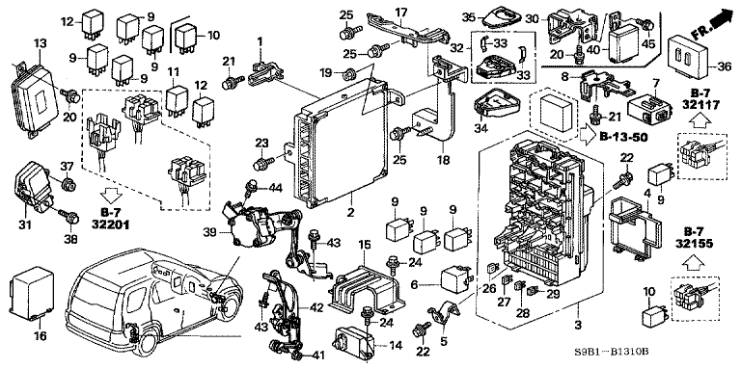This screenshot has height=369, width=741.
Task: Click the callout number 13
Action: (x=40, y=44)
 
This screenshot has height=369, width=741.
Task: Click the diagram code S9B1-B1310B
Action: (x=684, y=356)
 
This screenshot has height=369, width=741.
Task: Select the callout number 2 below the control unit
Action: (x=349, y=211)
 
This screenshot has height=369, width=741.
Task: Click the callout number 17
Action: (x=400, y=13)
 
